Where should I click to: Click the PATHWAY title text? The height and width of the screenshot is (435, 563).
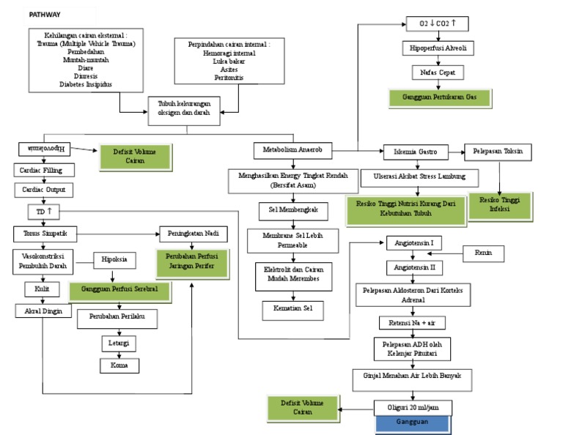45,14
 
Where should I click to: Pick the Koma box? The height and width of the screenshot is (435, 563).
119,365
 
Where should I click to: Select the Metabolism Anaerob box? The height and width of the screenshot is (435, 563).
292,151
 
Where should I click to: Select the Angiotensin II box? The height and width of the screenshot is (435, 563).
415,268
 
